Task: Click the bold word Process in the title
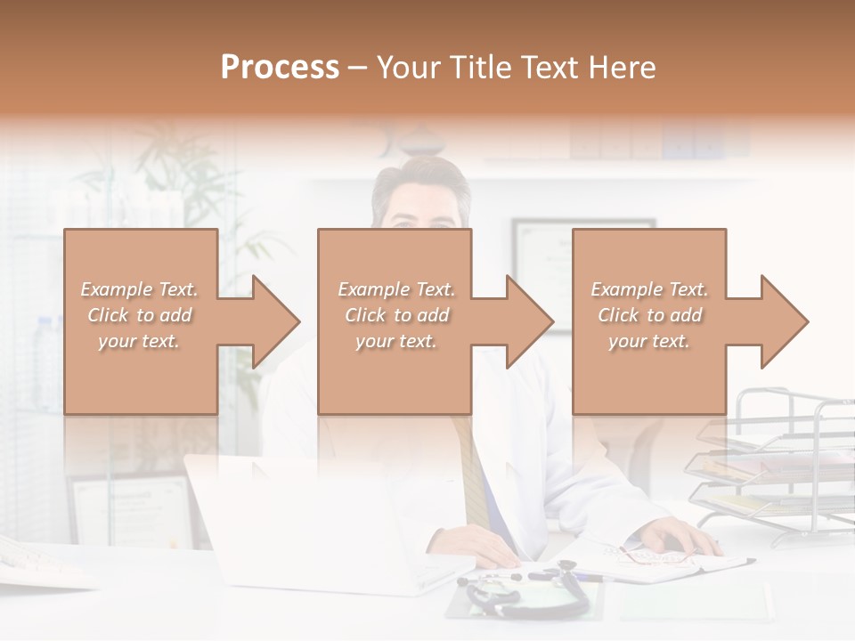(280, 68)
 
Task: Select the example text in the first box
(139, 315)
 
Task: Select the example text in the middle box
(396, 315)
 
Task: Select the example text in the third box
(649, 315)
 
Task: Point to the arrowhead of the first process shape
(276, 321)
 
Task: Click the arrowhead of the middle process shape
(530, 321)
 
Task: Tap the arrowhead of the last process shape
(784, 321)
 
